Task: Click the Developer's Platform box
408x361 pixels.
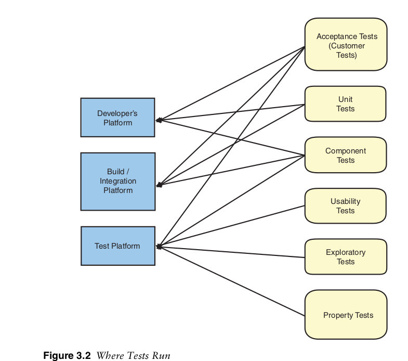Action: click(x=117, y=118)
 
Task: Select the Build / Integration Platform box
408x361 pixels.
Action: click(x=117, y=181)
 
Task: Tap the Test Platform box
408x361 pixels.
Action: click(x=117, y=246)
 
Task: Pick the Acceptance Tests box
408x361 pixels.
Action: click(x=346, y=45)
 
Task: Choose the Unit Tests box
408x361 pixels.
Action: click(x=345, y=104)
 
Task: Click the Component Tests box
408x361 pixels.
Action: click(x=345, y=155)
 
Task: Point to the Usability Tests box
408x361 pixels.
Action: click(x=345, y=206)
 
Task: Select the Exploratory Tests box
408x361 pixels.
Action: click(x=345, y=256)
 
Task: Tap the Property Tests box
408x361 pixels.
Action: click(x=346, y=315)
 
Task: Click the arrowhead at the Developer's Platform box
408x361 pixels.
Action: click(x=159, y=120)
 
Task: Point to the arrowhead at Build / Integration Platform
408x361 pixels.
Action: click(x=159, y=185)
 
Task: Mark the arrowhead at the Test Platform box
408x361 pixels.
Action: click(x=159, y=247)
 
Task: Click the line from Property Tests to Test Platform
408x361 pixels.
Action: click(x=231, y=281)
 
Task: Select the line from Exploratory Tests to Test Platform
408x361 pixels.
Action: click(x=231, y=252)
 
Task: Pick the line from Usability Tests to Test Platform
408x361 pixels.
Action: click(x=231, y=226)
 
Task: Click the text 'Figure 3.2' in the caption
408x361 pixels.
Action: click(x=67, y=356)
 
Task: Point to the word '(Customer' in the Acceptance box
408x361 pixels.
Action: click(x=347, y=46)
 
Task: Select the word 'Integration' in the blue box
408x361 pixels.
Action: click(x=118, y=181)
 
